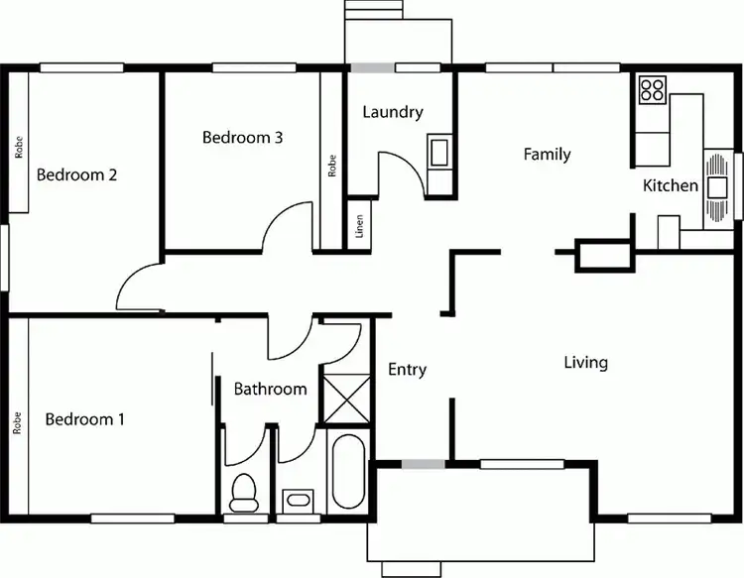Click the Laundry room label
pyautogui.click(x=393, y=112)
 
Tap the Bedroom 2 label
pyautogui.click(x=77, y=175)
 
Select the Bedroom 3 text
pyautogui.click(x=243, y=138)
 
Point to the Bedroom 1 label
pyautogui.click(x=85, y=419)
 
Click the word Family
pyautogui.click(x=547, y=154)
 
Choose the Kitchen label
pyautogui.click(x=671, y=185)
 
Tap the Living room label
pyautogui.click(x=585, y=363)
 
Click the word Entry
pyautogui.click(x=407, y=370)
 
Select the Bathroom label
pyautogui.click(x=270, y=389)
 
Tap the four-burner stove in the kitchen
pyautogui.click(x=652, y=91)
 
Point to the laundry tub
pyautogui.click(x=438, y=153)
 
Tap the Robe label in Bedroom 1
pyautogui.click(x=18, y=423)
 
